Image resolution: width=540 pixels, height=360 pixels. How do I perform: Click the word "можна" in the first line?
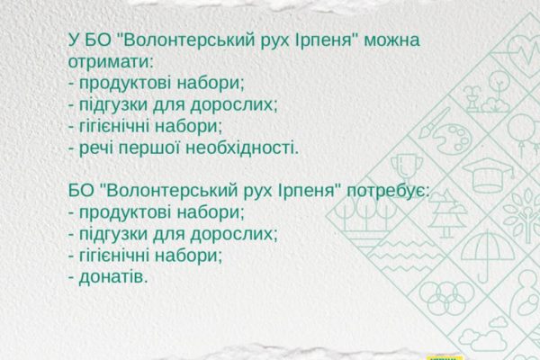pyautogui.click(x=391, y=40)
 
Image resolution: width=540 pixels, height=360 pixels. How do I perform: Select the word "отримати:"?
pyautogui.click(x=110, y=62)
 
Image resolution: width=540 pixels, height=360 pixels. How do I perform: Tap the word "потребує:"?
pyautogui.click(x=388, y=191)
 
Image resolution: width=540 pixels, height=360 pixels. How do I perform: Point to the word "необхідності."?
pyautogui.click(x=242, y=148)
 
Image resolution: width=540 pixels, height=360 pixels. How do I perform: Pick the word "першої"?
pyautogui.click(x=149, y=148)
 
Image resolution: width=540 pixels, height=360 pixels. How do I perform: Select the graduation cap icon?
pyautogui.click(x=488, y=175)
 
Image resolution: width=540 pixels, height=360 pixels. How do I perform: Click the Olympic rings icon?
pyautogui.click(x=446, y=298)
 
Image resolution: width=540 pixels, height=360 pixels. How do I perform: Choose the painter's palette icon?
pyautogui.click(x=452, y=139)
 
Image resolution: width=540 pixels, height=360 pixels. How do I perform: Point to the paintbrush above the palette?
pyautogui.click(x=434, y=123)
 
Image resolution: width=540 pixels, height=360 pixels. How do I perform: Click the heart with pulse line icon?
pyautogui.click(x=524, y=51)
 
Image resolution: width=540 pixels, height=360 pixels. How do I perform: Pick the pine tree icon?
pyautogui.click(x=446, y=213)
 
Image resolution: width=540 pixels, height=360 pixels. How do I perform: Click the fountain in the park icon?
pyautogui.click(x=472, y=99)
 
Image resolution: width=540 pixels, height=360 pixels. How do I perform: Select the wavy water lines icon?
pyautogui.click(x=407, y=256)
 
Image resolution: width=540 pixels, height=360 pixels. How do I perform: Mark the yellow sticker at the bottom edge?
pyautogui.click(x=445, y=357)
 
